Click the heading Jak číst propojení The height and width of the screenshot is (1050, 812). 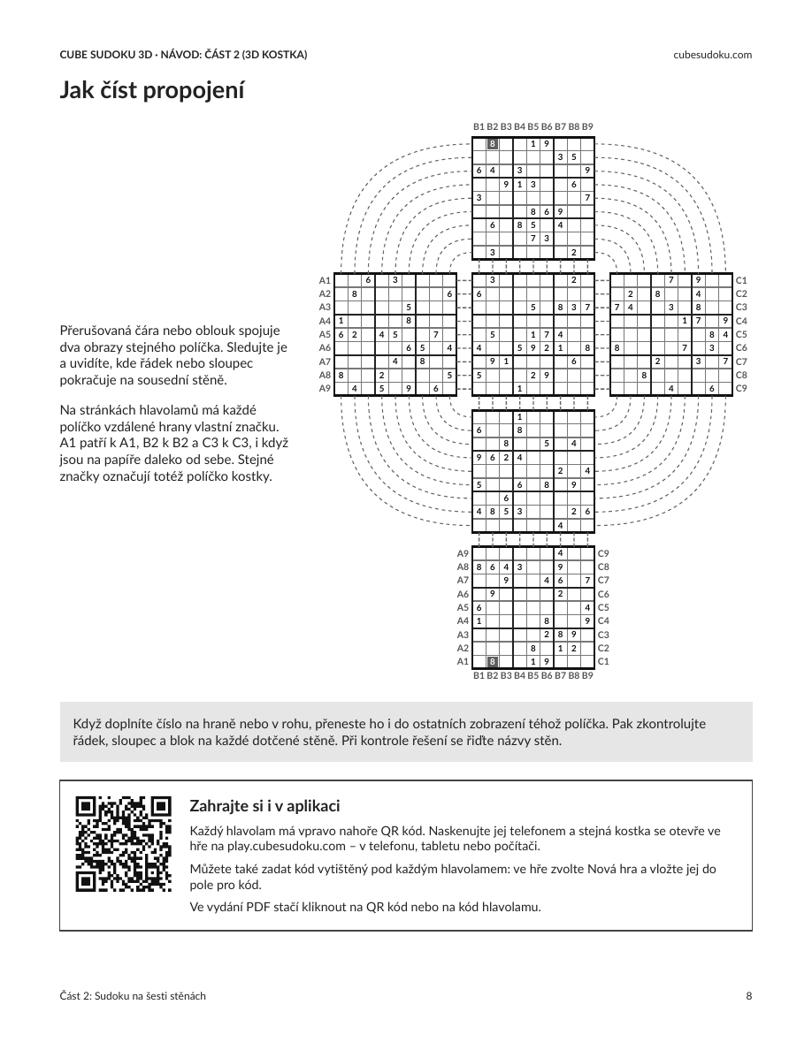point(152,90)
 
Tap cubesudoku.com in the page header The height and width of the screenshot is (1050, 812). point(712,54)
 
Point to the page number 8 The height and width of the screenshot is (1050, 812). point(749,996)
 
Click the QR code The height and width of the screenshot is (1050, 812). point(123,844)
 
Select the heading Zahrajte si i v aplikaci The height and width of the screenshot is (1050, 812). point(264,805)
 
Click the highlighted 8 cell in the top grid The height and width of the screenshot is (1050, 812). point(493,143)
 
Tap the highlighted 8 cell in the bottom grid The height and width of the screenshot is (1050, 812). point(493,662)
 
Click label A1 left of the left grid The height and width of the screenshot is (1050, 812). point(325,280)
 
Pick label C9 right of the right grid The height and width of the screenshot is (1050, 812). point(741,388)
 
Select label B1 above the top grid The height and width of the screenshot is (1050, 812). point(479,126)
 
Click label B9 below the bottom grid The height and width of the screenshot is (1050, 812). point(587,675)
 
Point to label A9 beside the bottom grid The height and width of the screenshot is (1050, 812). point(463,554)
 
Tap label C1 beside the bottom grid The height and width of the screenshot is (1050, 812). point(603,662)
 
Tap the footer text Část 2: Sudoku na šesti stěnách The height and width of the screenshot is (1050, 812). point(133,996)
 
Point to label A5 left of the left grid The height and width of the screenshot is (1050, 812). point(325,335)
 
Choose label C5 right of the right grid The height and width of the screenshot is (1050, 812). point(741,335)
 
